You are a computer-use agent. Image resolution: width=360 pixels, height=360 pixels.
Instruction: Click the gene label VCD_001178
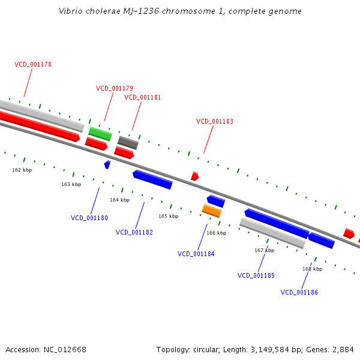(x=33, y=64)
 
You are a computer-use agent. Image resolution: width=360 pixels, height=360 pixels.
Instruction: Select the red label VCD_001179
(x=115, y=88)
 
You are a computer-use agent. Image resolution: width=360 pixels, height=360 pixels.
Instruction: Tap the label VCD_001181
(x=142, y=97)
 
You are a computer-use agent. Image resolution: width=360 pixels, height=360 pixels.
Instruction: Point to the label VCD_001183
(x=214, y=121)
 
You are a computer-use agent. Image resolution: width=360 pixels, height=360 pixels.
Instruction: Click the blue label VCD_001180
(x=89, y=218)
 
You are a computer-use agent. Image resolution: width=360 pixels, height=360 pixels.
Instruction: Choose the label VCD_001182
(x=134, y=232)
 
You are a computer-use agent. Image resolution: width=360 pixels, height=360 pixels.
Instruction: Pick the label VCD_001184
(x=196, y=254)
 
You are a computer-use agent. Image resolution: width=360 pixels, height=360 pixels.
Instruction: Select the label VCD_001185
(x=256, y=275)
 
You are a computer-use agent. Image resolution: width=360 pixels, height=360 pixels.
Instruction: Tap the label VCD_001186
(x=299, y=292)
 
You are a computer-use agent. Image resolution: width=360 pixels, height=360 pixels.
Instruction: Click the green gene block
(x=100, y=133)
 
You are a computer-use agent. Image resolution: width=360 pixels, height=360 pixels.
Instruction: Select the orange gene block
(x=212, y=211)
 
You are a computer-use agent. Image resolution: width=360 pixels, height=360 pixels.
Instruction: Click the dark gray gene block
(x=128, y=142)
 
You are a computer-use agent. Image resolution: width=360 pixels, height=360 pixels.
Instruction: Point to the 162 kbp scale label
(x=22, y=170)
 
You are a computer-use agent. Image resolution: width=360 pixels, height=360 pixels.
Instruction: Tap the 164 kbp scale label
(x=119, y=200)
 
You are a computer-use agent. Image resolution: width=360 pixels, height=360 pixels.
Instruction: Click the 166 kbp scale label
(x=216, y=233)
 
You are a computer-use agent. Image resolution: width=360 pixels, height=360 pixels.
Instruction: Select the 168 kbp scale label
(x=312, y=269)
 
